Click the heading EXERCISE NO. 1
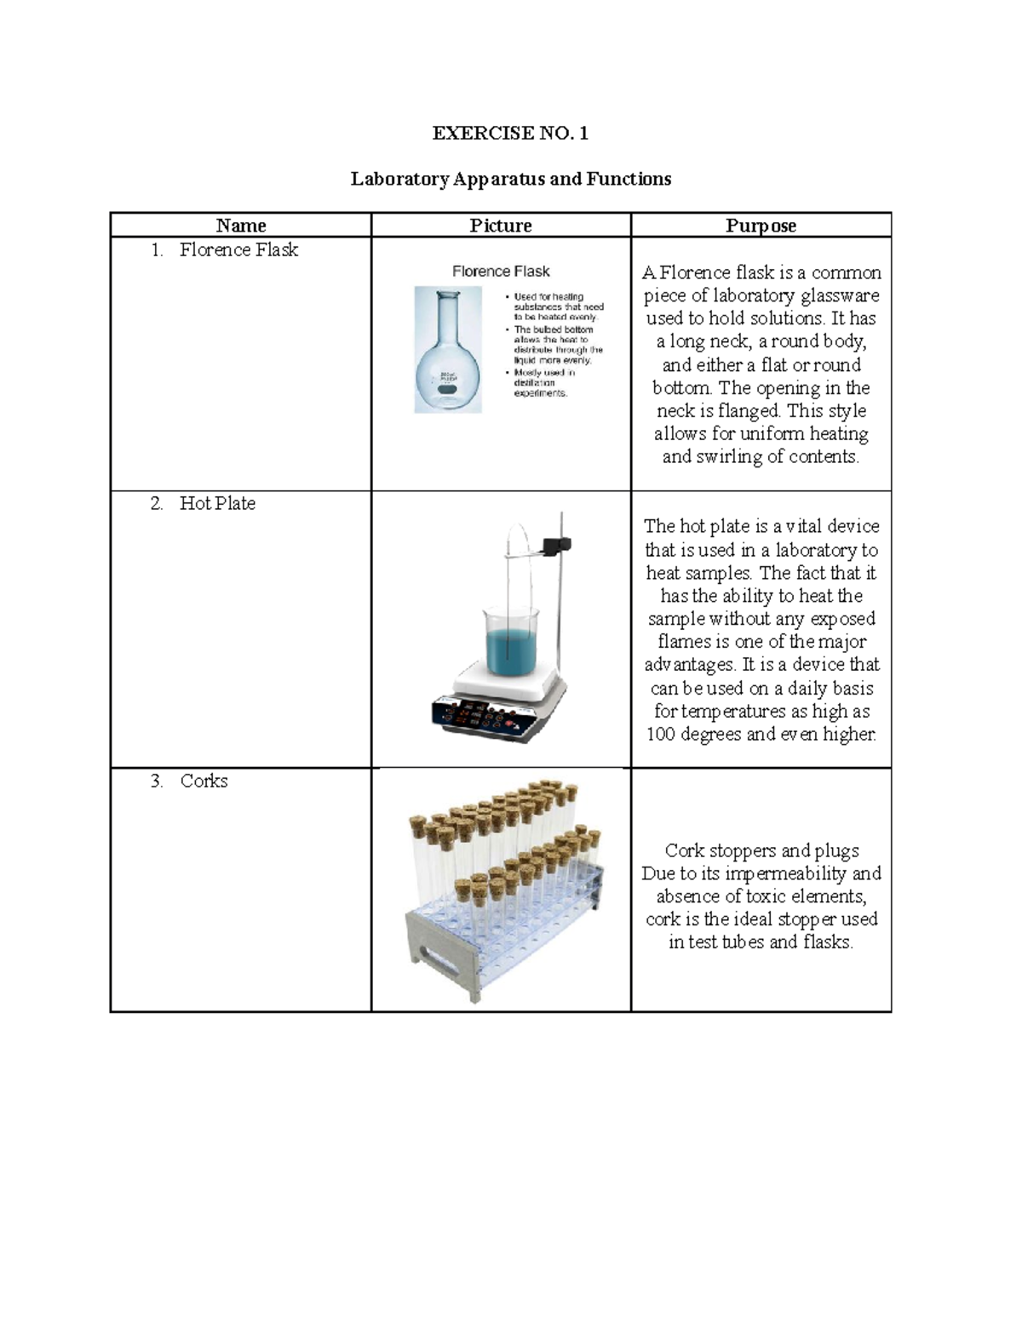510,133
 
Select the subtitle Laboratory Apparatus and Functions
510,179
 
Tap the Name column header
241,226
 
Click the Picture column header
501,226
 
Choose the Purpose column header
761,226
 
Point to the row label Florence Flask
238,249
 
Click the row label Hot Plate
217,503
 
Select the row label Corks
204,781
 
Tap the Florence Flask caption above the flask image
501,272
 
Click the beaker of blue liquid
511,643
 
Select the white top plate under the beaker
509,681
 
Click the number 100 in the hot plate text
661,734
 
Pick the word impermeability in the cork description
786,873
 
